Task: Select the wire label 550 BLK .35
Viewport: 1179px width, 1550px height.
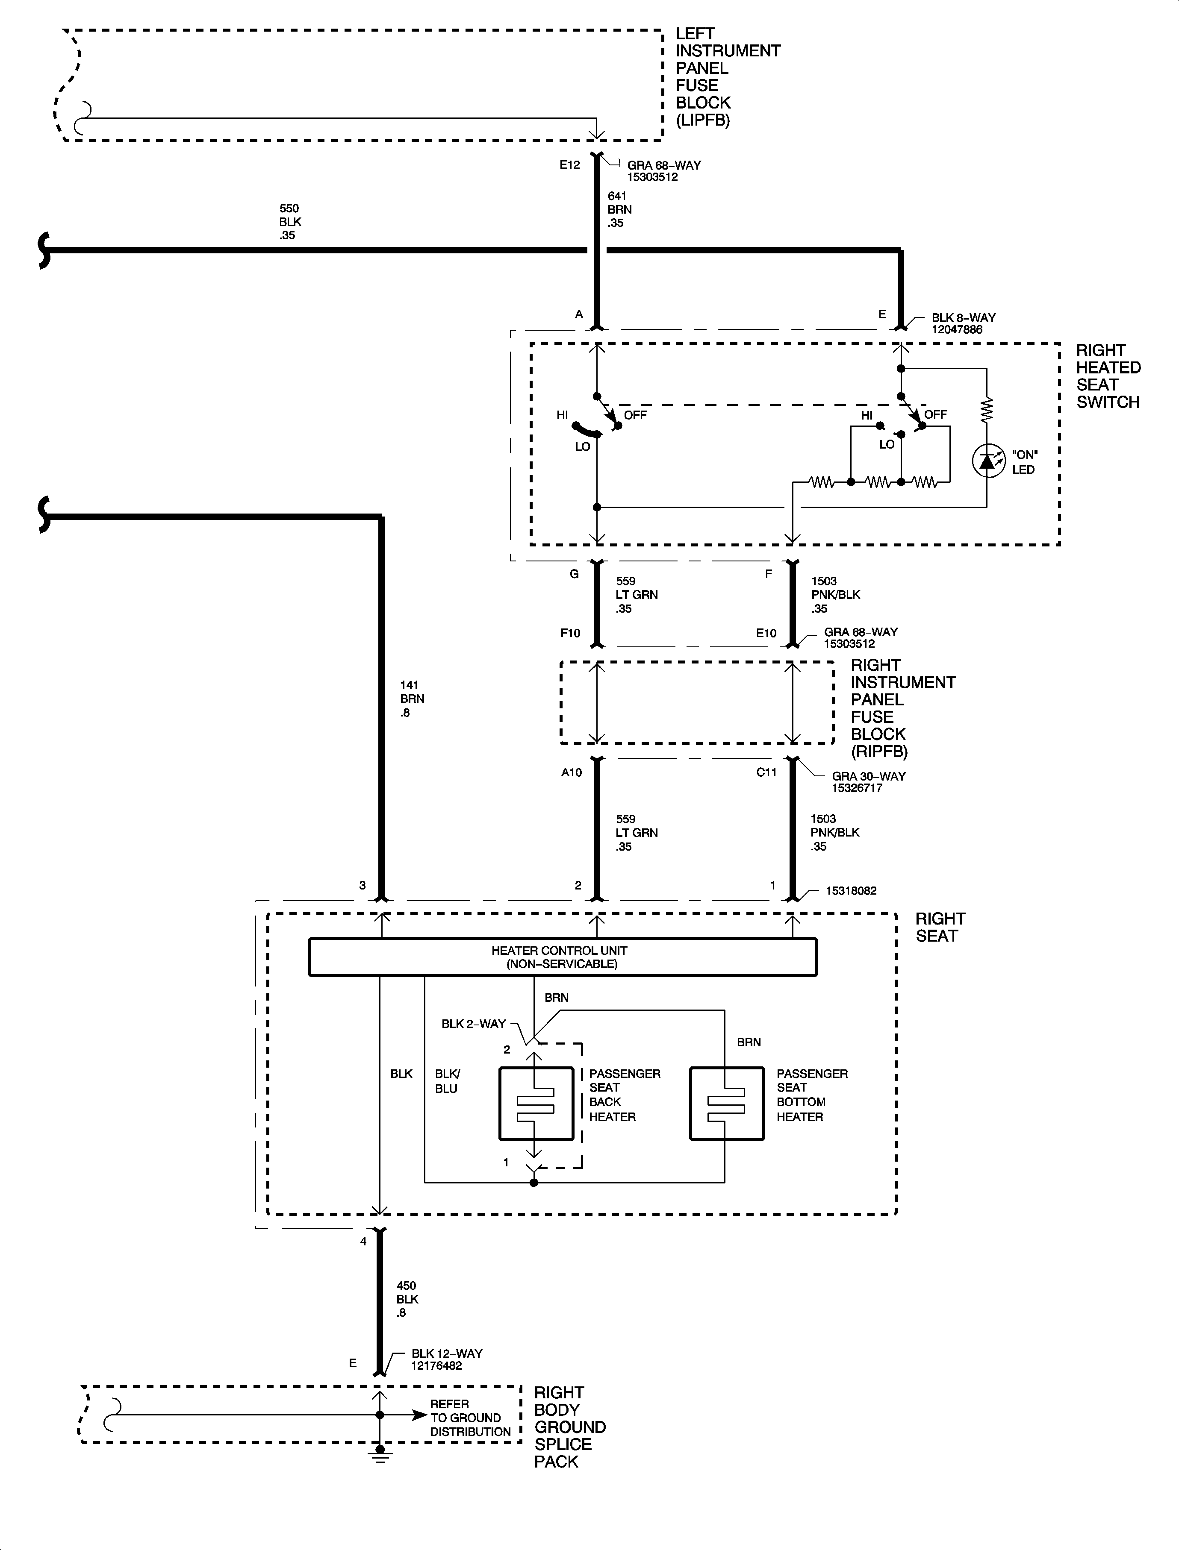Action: [290, 222]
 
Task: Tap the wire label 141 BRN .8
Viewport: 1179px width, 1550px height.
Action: [412, 699]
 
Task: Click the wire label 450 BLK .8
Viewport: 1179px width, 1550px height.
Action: [407, 1299]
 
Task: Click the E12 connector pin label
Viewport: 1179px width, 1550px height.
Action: [569, 165]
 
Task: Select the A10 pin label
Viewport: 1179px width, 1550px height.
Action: [571, 772]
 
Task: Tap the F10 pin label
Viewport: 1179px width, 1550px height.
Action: [570, 633]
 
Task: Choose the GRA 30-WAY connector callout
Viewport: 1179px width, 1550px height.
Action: [869, 782]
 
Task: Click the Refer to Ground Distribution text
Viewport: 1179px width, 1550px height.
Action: [470, 1418]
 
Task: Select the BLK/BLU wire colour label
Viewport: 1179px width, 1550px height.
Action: [447, 1081]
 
